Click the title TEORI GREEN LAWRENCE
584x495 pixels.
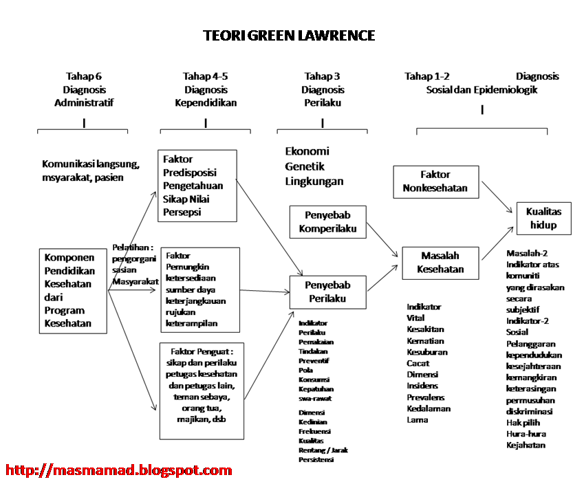[289, 36]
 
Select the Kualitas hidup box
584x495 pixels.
[543, 219]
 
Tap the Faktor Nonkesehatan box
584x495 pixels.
[436, 181]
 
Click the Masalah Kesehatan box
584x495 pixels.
[440, 263]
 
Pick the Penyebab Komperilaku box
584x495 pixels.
[328, 223]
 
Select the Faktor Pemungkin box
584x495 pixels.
[199, 289]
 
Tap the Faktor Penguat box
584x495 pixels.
[202, 390]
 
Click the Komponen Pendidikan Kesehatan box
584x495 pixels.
[73, 291]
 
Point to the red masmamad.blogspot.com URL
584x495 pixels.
[118, 471]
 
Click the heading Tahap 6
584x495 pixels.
[84, 76]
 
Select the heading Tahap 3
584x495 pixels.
[322, 76]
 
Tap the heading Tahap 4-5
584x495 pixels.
[206, 76]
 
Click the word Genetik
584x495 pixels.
[305, 166]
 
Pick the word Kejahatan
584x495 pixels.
[526, 445]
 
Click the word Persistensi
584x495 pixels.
[316, 459]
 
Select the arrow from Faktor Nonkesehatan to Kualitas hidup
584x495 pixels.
[498, 195]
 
